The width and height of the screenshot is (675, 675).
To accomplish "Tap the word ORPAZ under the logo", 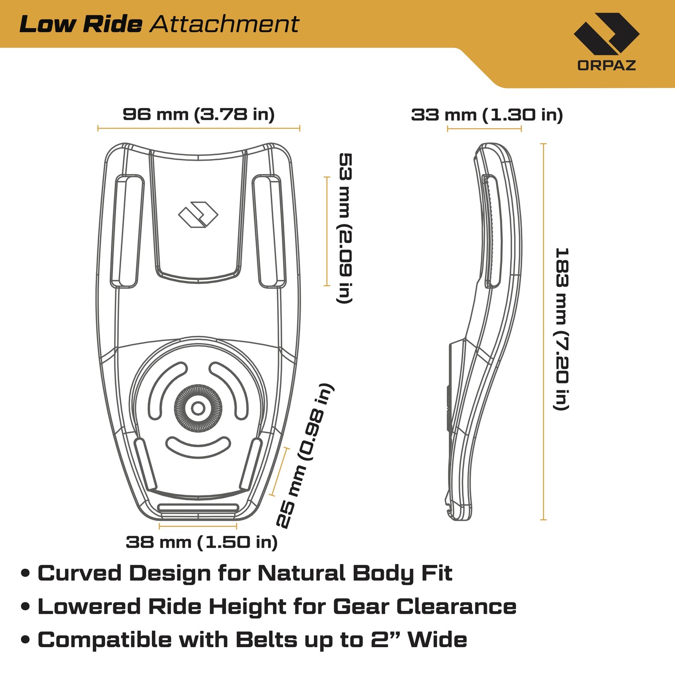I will coord(606,65).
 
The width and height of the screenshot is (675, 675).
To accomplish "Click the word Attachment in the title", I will coord(224,24).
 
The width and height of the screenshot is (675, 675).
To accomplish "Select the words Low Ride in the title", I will coord(81,24).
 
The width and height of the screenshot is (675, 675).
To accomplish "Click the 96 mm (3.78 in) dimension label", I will coord(198,114).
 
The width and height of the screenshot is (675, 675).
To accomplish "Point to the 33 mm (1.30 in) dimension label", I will coord(487,115).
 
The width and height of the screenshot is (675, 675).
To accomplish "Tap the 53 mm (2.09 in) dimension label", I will coord(346,228).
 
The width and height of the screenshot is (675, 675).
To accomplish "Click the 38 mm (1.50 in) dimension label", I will coord(202,542).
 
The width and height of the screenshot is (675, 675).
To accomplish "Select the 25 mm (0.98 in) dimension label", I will coord(305,456).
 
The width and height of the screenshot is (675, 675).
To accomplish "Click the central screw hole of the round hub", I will coord(198,408).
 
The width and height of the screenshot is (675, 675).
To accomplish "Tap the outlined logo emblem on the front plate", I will coord(198,215).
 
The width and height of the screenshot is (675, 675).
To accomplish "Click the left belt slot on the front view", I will coord(127,232).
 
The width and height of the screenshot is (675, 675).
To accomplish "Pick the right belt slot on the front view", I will coord(269,232).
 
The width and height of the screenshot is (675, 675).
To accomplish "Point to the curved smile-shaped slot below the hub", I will coord(198,447).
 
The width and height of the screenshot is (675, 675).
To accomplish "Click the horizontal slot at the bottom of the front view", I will coord(198,508).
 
